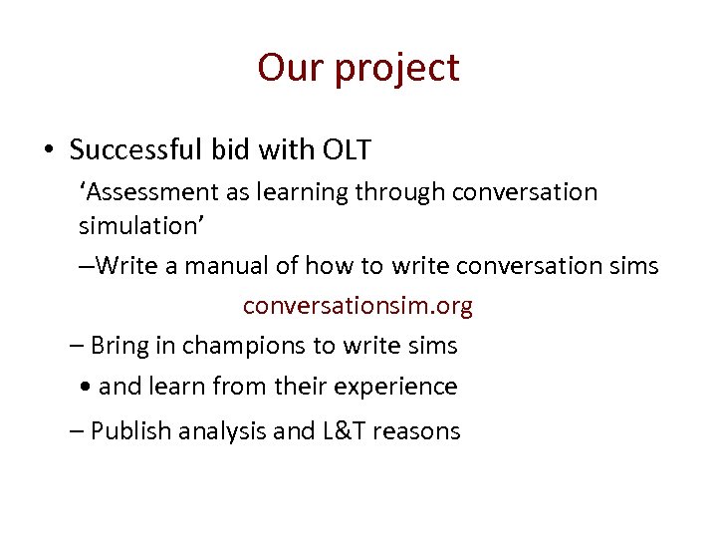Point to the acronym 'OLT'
click(347, 150)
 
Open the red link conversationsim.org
click(358, 306)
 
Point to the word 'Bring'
click(120, 346)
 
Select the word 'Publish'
click(129, 431)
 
